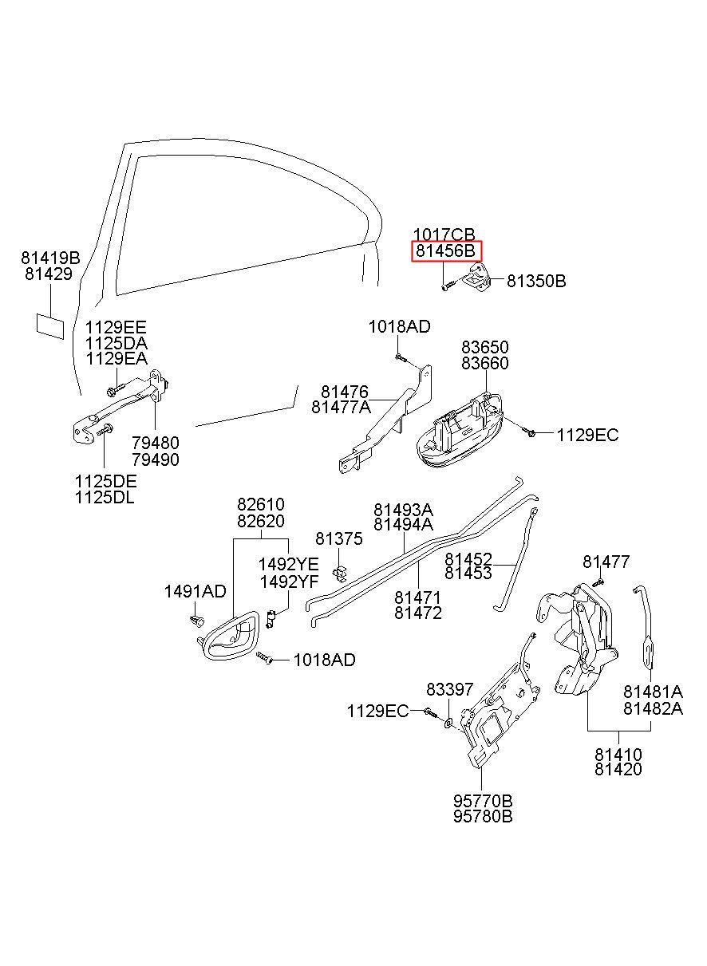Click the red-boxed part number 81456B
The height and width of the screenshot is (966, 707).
click(x=445, y=251)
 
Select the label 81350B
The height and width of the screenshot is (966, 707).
click(x=536, y=281)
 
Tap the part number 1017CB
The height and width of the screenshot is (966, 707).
click(x=444, y=235)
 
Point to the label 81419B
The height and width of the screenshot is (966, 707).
click(x=50, y=258)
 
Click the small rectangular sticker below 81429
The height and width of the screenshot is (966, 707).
click(x=50, y=326)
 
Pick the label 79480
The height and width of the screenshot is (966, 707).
click(x=156, y=443)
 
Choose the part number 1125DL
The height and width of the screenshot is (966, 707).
click(x=105, y=498)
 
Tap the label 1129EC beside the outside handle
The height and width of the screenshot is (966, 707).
click(x=587, y=435)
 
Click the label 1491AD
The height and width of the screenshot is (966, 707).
click(x=195, y=592)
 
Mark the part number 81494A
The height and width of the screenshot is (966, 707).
click(x=403, y=525)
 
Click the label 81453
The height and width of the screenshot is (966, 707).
click(x=468, y=573)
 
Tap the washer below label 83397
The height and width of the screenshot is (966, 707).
click(x=448, y=721)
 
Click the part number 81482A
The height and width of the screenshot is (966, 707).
click(x=653, y=708)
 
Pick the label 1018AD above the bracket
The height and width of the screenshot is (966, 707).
click(x=400, y=327)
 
